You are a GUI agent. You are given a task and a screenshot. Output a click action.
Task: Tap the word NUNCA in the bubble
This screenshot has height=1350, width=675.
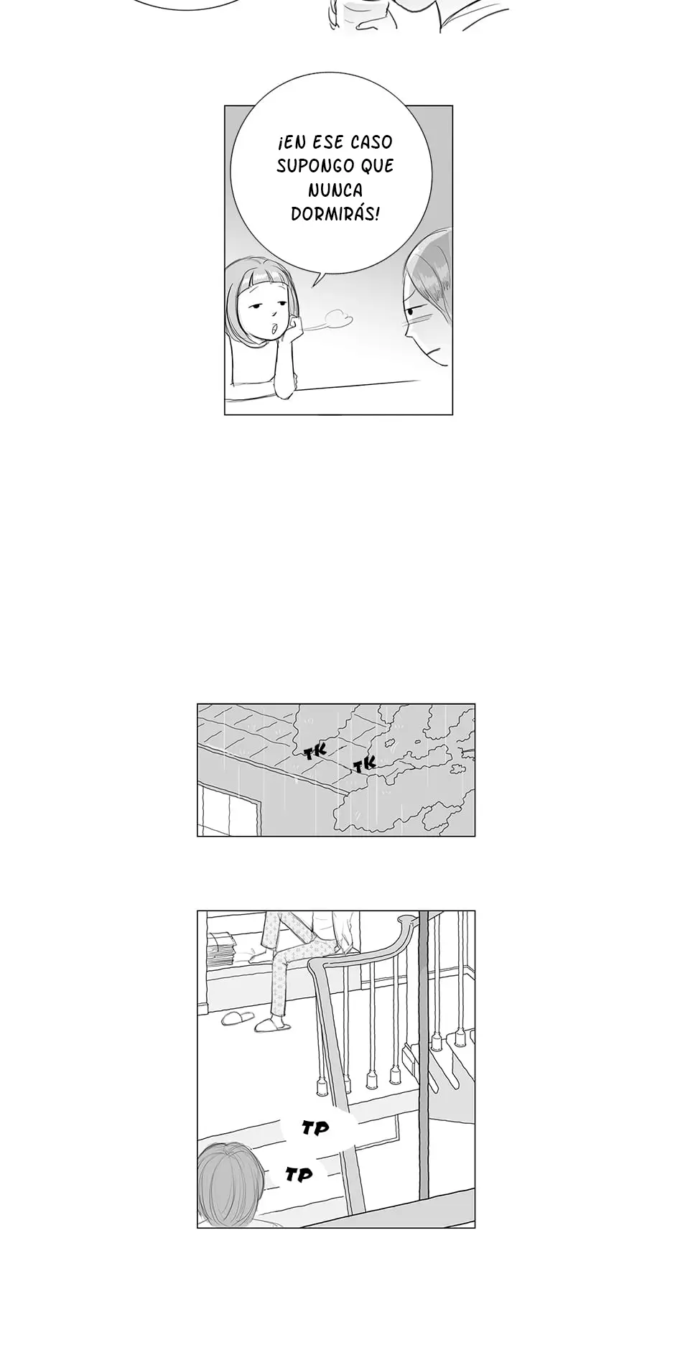(x=335, y=190)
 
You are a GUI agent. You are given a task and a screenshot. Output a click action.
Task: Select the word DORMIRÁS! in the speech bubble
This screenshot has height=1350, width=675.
(x=335, y=214)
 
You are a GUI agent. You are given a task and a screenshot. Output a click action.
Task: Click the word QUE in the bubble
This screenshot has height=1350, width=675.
(x=376, y=166)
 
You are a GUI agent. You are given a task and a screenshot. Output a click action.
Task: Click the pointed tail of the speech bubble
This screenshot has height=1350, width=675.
(x=313, y=287)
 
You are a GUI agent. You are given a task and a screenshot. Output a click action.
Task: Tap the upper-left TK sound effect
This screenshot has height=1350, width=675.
(x=315, y=752)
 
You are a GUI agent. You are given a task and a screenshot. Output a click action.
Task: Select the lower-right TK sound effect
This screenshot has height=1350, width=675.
(x=365, y=765)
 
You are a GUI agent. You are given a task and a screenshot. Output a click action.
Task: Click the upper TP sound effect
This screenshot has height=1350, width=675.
(x=315, y=1129)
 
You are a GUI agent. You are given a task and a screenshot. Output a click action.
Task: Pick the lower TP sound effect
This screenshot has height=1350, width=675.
(x=299, y=1175)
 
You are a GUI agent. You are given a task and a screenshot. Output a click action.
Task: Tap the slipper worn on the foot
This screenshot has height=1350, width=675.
(x=273, y=1025)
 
